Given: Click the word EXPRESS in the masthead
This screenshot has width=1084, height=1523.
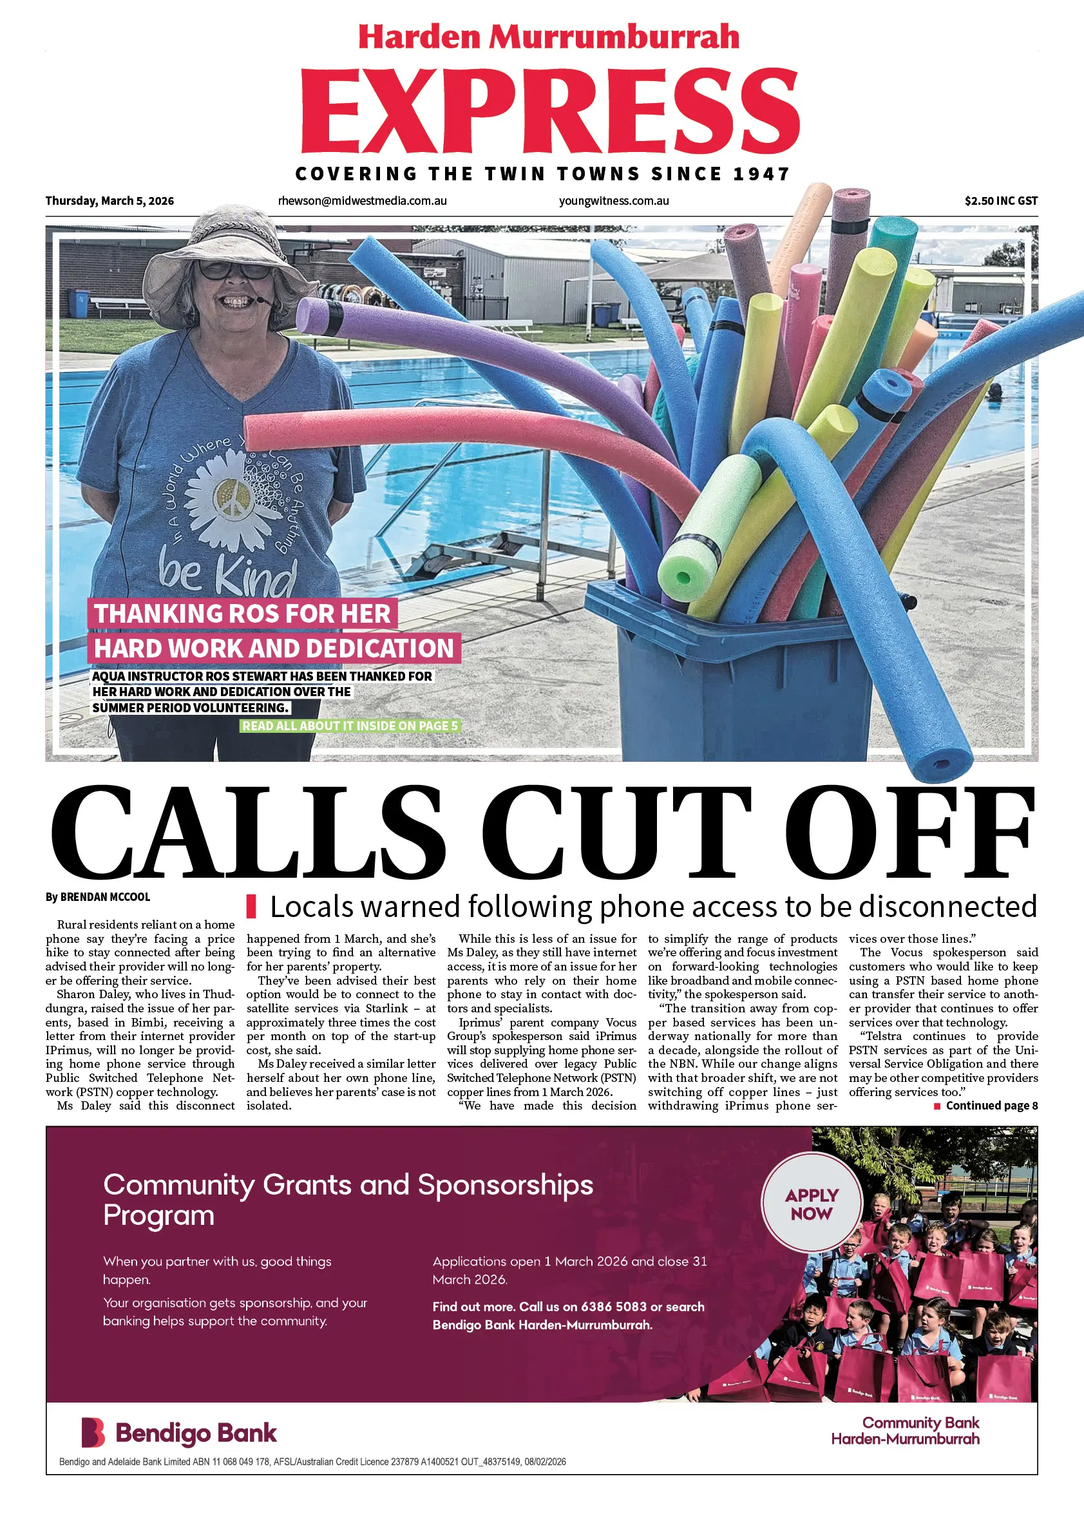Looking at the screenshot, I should click(549, 111).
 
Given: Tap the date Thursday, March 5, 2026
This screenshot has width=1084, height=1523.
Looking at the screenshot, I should click(109, 201).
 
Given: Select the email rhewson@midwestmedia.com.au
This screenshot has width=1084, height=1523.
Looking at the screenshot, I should click(363, 201).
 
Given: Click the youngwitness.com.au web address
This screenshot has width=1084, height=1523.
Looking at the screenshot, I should click(613, 201).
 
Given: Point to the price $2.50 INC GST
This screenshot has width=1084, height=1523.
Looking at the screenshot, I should click(1000, 201).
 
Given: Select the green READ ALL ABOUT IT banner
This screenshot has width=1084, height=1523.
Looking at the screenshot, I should click(350, 726).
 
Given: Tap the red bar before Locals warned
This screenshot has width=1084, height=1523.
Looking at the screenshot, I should click(252, 906).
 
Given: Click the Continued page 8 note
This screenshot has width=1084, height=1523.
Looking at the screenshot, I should click(991, 1106).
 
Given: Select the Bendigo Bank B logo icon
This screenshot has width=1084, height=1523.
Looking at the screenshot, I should click(93, 1433).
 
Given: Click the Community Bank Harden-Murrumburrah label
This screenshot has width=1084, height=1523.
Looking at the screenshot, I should click(905, 1431).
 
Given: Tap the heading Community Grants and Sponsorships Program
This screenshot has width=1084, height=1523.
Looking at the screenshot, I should click(348, 1199).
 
